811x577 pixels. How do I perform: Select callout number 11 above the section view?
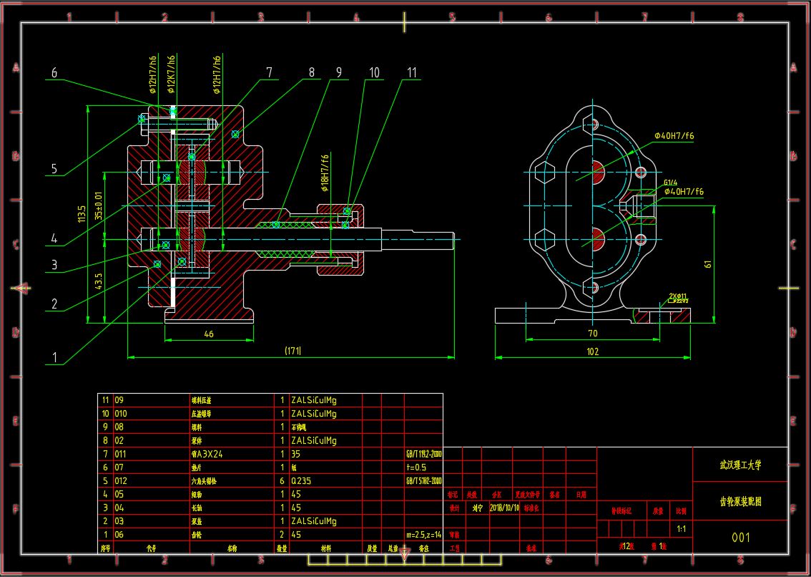tap(411, 72)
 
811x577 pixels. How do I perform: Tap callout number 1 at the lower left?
tap(54, 357)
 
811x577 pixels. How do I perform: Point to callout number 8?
tap(311, 72)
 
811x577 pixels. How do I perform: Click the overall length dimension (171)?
tap(293, 351)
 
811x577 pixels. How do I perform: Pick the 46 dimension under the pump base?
tap(209, 334)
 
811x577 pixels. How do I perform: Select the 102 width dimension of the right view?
tap(592, 351)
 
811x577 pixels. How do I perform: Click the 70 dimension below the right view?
tap(592, 334)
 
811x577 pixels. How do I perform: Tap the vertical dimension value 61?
tap(708, 263)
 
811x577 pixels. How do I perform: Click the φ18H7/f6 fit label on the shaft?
tap(325, 174)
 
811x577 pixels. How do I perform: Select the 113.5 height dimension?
tap(82, 213)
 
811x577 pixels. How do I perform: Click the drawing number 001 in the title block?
tap(740, 537)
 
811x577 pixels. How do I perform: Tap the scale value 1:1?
tap(682, 529)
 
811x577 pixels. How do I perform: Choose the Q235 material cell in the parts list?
tap(301, 481)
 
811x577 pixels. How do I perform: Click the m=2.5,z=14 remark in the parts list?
tap(424, 535)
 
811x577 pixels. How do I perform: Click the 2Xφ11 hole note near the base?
tap(678, 296)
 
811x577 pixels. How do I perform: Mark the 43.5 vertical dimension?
tap(99, 281)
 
